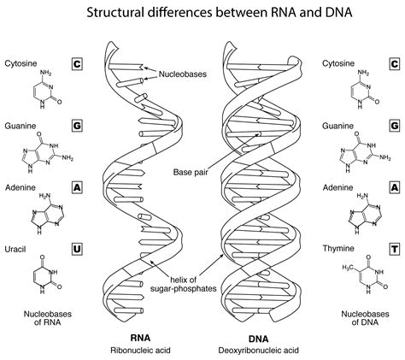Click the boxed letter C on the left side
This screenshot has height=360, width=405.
click(x=76, y=64)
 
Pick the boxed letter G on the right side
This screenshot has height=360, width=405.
click(x=394, y=126)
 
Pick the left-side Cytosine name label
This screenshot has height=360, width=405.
click(x=20, y=64)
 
